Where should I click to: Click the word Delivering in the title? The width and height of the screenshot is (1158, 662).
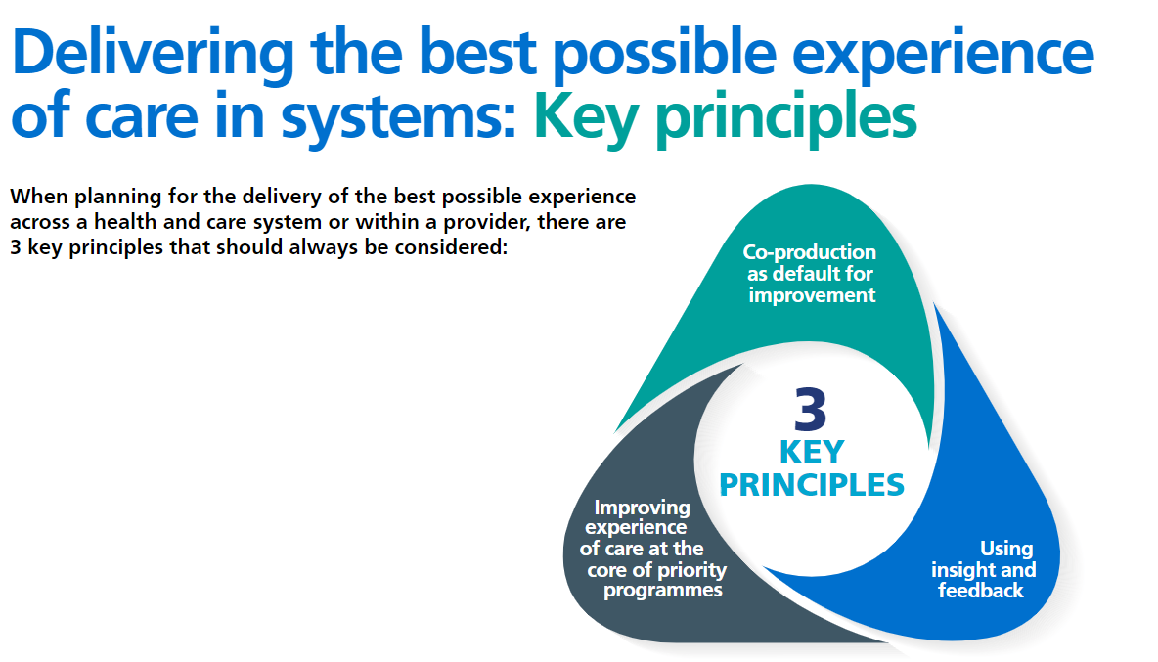point(153,54)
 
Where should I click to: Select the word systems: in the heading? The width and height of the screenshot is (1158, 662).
point(398,117)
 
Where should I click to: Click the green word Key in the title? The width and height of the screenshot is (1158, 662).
point(585,117)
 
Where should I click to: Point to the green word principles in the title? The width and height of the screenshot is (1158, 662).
point(785,117)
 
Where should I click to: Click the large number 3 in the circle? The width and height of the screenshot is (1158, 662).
point(810,410)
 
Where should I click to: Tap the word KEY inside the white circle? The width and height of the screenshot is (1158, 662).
point(812,452)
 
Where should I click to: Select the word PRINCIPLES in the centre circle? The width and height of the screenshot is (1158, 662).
point(812,486)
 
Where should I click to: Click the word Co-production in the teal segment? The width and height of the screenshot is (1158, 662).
point(810,252)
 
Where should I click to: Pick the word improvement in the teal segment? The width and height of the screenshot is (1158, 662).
point(812,295)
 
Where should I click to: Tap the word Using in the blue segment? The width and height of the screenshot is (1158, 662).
point(1005,550)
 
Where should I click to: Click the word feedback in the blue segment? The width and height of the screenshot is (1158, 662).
point(981,591)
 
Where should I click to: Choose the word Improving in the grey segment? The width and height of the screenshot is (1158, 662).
point(642,508)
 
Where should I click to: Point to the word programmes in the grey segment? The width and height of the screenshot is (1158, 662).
point(663,591)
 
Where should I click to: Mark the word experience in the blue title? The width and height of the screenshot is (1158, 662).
point(943,54)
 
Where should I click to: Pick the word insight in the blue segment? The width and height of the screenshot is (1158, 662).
point(962,570)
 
